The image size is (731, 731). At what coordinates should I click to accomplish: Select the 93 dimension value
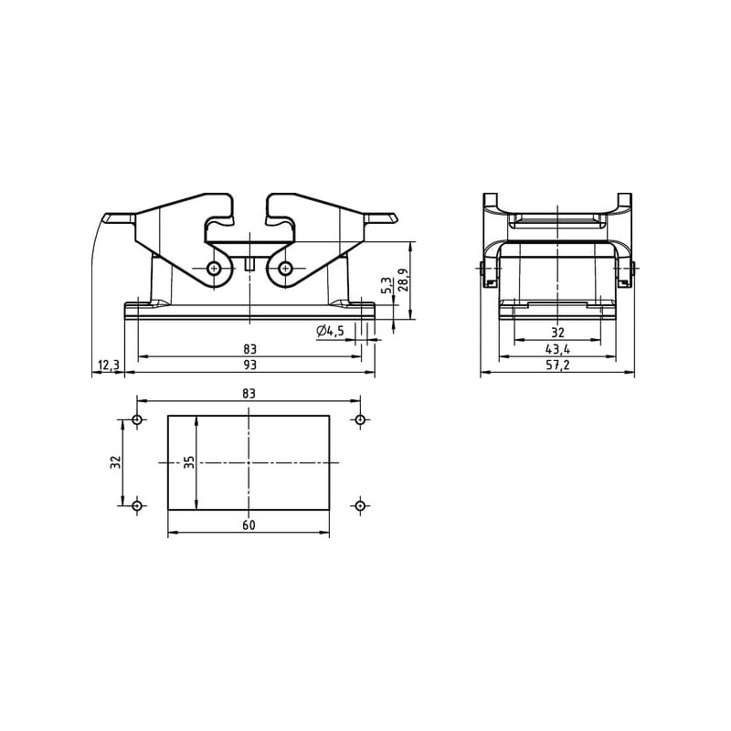(250, 365)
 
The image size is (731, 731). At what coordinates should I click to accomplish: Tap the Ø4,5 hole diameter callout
(330, 332)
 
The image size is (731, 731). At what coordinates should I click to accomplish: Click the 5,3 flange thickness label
(387, 285)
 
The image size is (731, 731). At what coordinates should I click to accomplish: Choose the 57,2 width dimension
(557, 365)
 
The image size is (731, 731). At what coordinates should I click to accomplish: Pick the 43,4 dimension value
(557, 349)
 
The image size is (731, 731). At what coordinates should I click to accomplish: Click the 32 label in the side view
(557, 333)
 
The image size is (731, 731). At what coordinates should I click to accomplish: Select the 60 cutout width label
(249, 524)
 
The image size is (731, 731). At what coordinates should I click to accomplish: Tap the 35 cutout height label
(188, 462)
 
